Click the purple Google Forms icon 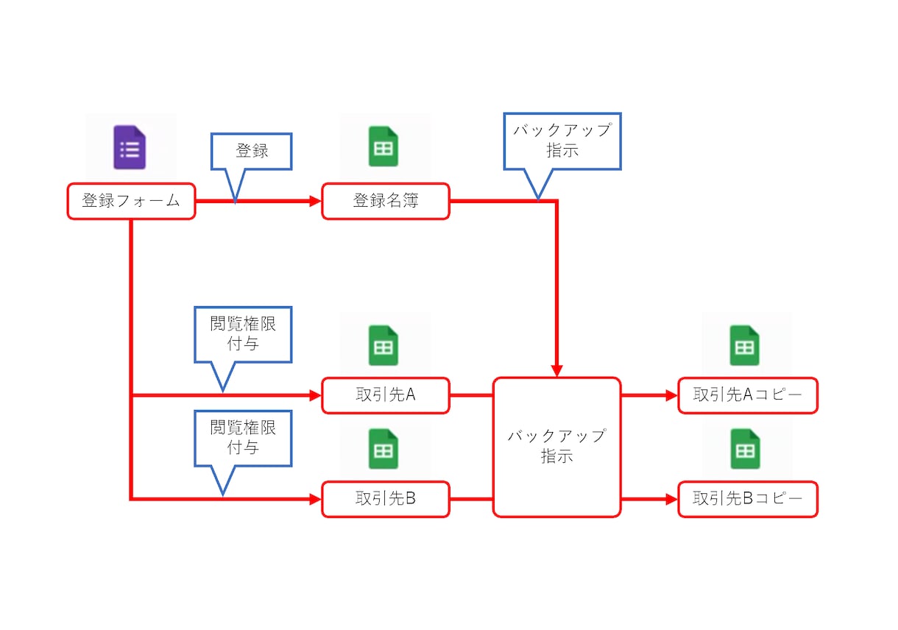130,147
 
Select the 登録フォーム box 131,201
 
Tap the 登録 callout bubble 251,152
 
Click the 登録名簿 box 386,201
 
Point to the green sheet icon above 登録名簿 383,146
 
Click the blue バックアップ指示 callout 562,141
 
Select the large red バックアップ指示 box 557,447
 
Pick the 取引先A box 386,395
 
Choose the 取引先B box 386,499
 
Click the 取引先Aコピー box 748,395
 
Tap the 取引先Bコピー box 748,499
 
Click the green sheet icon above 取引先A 383,345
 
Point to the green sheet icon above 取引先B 383,449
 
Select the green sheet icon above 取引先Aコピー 744,345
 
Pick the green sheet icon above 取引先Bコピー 745,449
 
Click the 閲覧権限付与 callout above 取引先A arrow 243,335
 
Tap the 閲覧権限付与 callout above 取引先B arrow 243,439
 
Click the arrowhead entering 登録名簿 316,201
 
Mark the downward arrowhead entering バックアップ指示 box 557,371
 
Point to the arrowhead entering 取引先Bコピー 672,499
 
